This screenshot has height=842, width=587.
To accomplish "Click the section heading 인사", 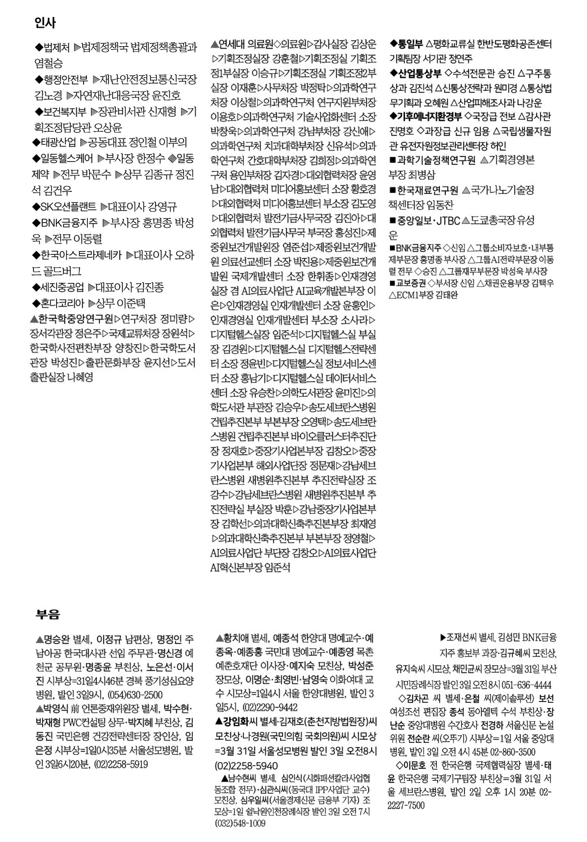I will [x=45, y=23].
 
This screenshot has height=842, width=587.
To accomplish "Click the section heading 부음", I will [x=48, y=614].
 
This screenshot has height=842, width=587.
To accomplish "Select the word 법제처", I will [x=57, y=48].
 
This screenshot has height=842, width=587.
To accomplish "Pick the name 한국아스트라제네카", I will [x=81, y=255].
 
